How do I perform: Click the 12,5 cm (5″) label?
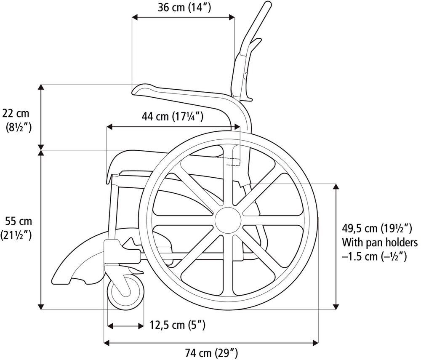point(177,325)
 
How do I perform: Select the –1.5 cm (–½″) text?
point(374,256)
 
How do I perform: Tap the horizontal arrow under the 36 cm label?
point(183,17)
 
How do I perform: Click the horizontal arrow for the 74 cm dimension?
point(210,343)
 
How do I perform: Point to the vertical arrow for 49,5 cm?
point(336,246)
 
